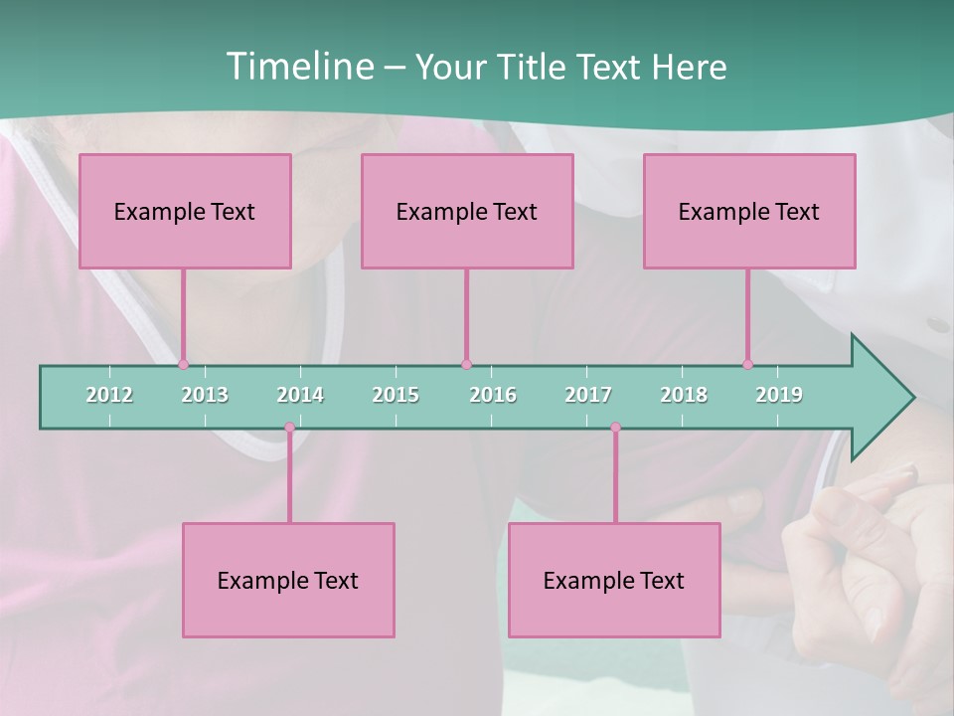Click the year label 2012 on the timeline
click(x=109, y=395)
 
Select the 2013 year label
click(x=205, y=395)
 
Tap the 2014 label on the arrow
click(x=300, y=395)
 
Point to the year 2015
click(x=396, y=395)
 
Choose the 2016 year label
click(x=493, y=395)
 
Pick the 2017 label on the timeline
click(x=588, y=395)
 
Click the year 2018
click(x=684, y=395)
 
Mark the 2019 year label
click(x=779, y=395)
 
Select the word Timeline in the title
click(x=298, y=67)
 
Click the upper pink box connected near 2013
click(x=185, y=211)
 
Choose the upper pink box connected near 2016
click(x=467, y=211)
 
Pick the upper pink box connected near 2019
click(x=749, y=211)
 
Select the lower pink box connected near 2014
click(x=288, y=580)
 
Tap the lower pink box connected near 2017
click(x=614, y=580)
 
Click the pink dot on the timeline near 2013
click(x=183, y=365)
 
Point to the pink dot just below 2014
click(x=289, y=428)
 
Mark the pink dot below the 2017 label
click(x=615, y=428)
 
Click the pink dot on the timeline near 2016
click(x=466, y=365)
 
